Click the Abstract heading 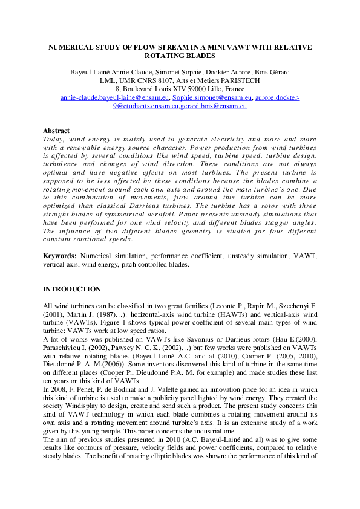coord(56,131)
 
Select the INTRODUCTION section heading coord(72,290)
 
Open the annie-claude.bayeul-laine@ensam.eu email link coord(115,97)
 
